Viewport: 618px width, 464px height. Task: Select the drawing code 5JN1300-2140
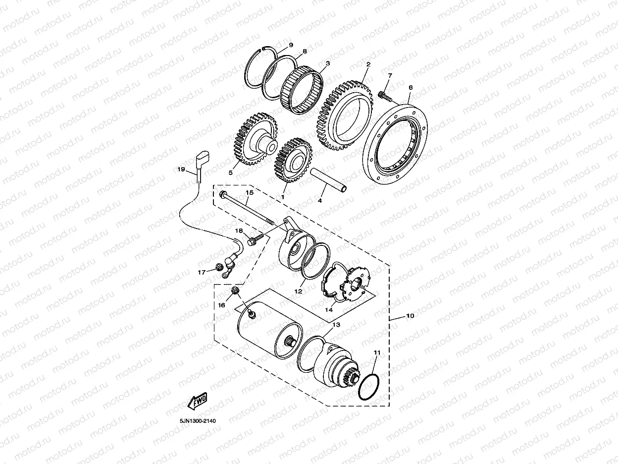point(198,421)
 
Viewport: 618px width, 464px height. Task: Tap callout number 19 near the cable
point(181,170)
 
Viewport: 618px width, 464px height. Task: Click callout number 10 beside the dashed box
point(410,316)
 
